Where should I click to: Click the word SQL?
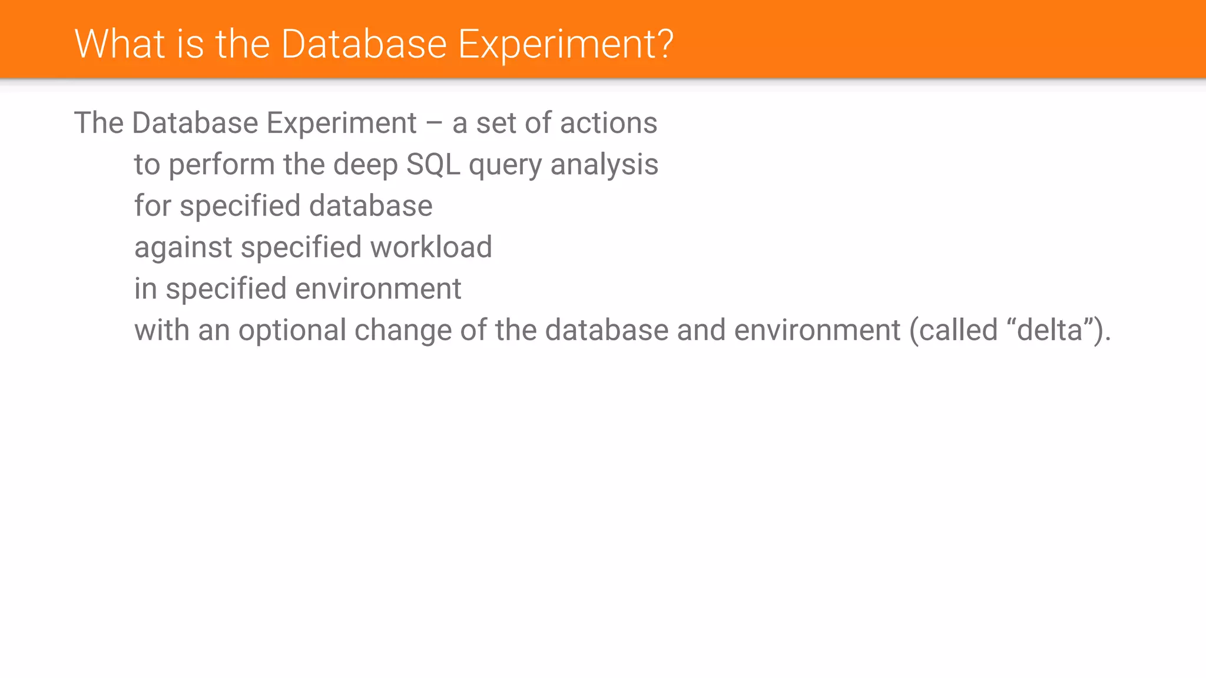[433, 165]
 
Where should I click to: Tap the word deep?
[365, 165]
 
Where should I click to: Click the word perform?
[221, 165]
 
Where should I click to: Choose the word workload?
[431, 247]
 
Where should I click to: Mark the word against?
[183, 247]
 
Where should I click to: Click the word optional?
[292, 331]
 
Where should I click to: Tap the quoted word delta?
[1050, 330]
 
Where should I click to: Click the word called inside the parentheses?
[958, 330]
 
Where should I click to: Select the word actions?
[608, 124]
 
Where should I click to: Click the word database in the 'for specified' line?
[370, 206]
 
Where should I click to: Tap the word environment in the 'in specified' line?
[378, 289]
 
